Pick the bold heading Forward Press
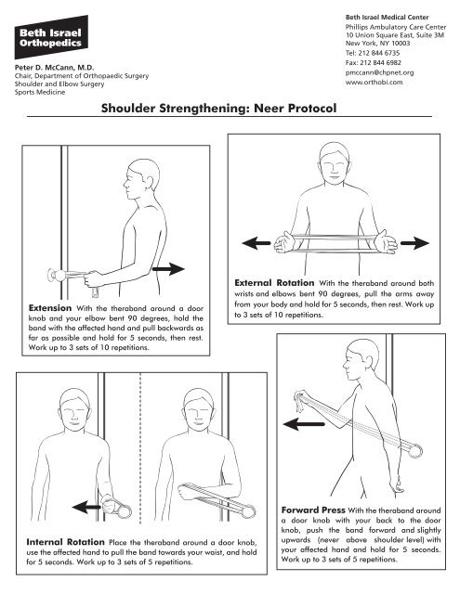(309, 510)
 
